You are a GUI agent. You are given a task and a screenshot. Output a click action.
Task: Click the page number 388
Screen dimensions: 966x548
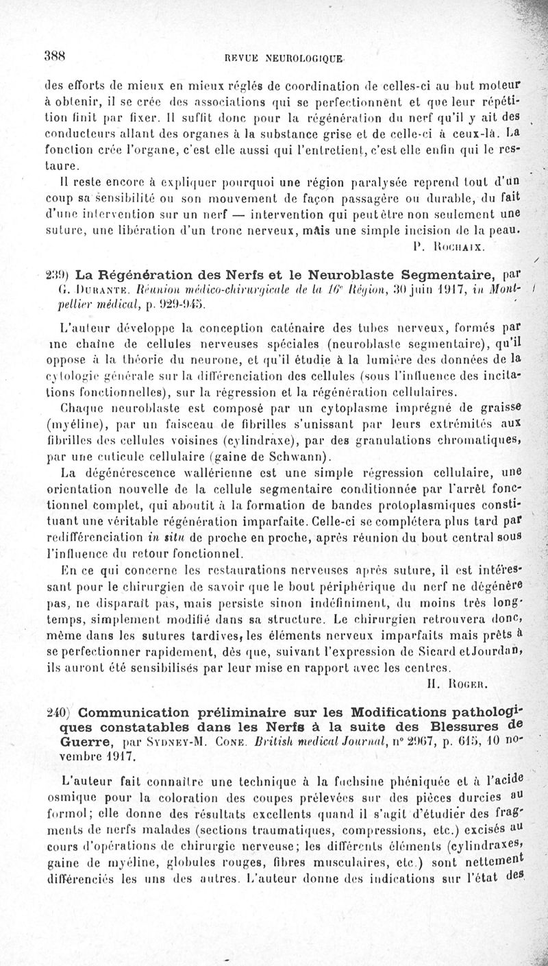coord(55,58)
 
